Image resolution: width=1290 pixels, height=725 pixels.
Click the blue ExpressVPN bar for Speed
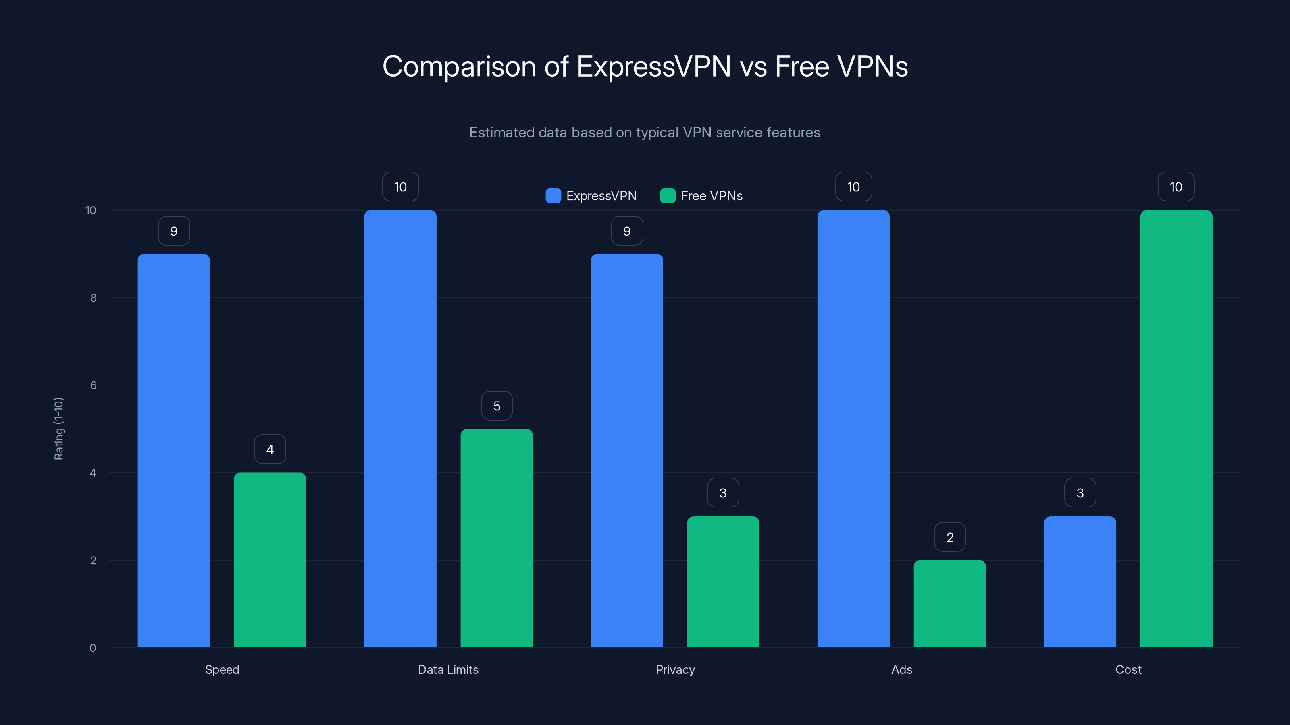(x=174, y=450)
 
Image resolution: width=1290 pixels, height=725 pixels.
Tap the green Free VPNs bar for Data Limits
(x=496, y=538)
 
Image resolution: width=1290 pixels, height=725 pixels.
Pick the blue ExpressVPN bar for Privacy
(x=626, y=450)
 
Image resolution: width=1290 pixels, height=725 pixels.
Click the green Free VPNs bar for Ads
(x=949, y=603)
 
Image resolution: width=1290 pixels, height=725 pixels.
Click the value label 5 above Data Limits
(x=497, y=406)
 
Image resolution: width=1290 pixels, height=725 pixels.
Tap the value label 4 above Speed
(x=270, y=449)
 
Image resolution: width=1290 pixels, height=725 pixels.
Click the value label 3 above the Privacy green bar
(x=723, y=493)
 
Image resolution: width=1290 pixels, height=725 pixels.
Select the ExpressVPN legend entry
(x=591, y=196)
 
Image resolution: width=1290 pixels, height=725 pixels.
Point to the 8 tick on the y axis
(x=93, y=298)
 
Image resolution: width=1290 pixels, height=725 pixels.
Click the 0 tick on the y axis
(x=93, y=648)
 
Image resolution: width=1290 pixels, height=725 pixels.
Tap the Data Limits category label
(x=448, y=669)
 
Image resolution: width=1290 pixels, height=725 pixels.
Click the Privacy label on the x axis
(x=675, y=669)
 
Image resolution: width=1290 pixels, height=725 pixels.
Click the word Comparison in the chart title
(x=459, y=66)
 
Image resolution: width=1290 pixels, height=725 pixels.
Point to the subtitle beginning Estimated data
(x=645, y=133)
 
